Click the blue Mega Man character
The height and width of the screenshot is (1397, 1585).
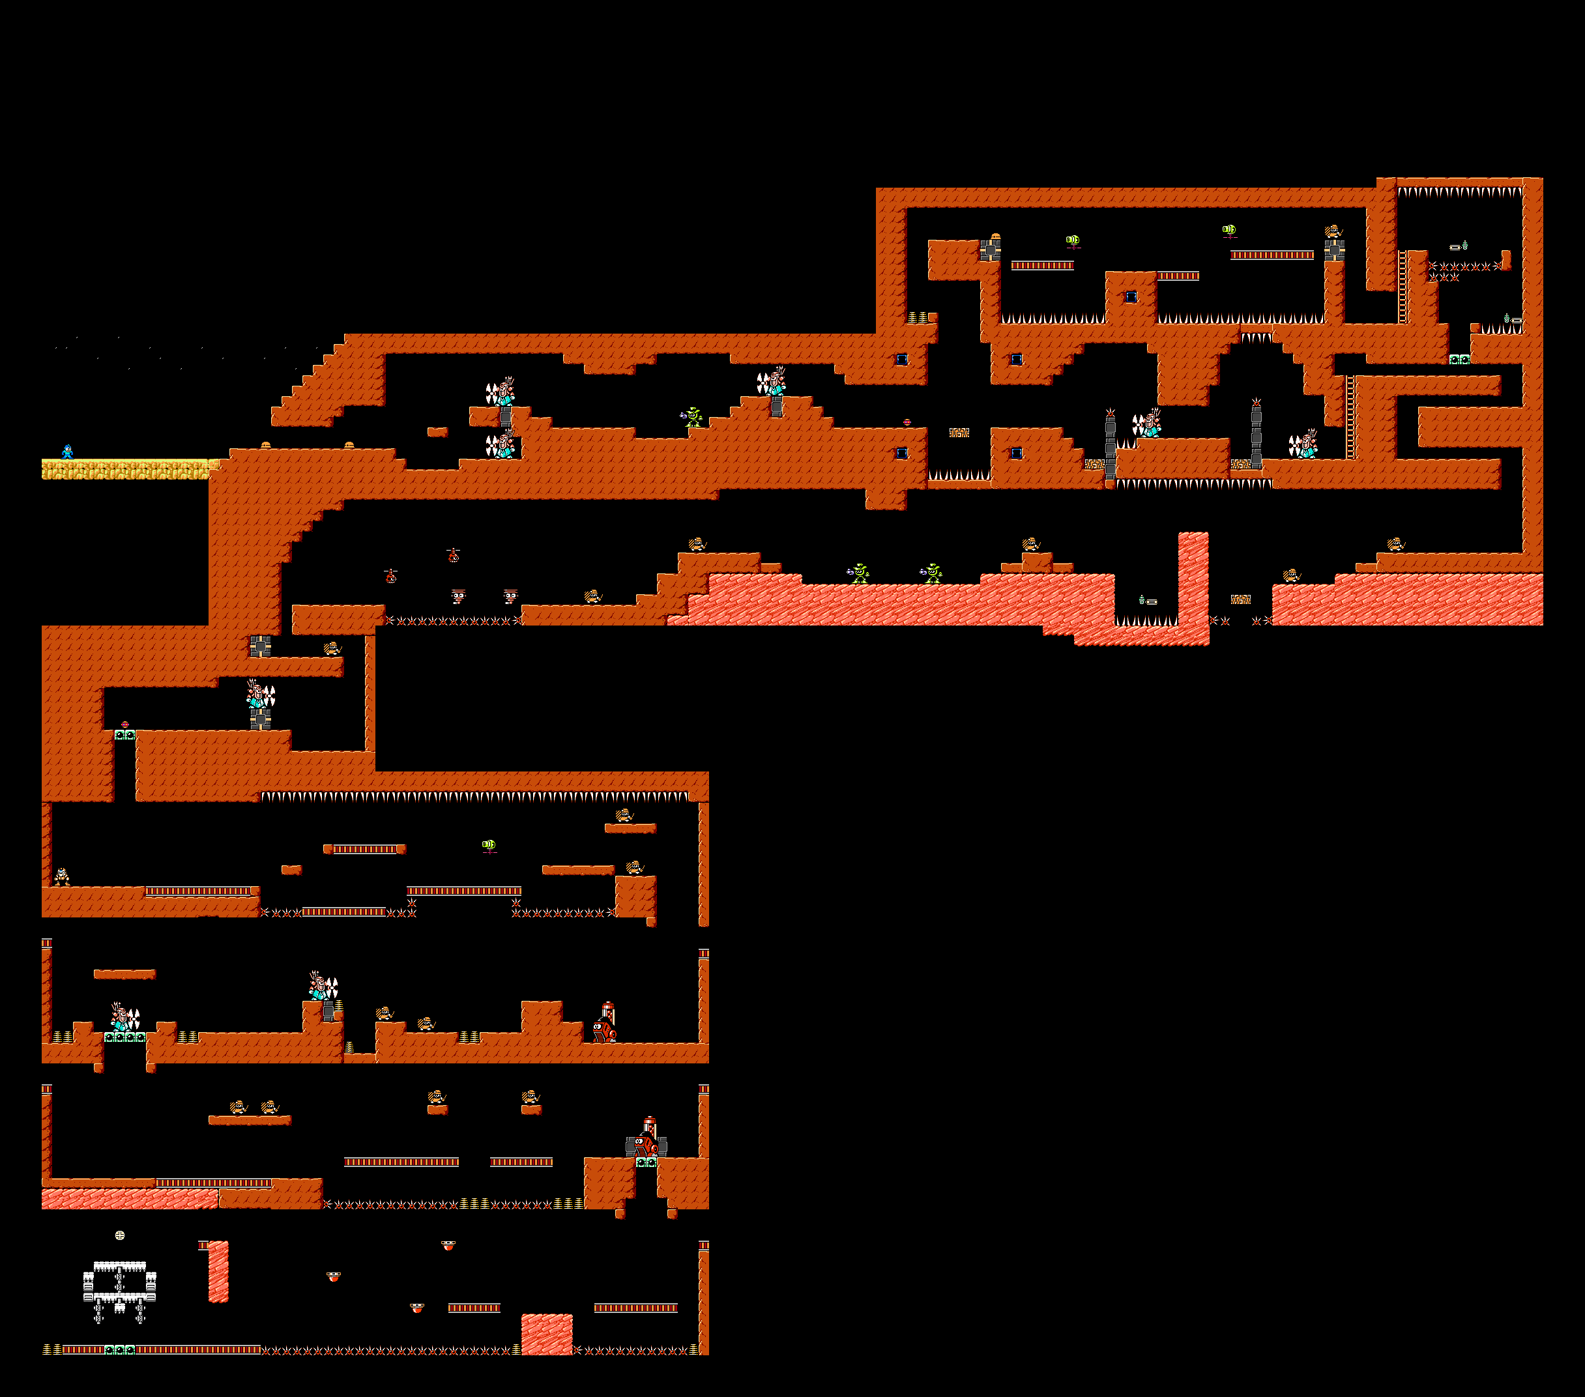(x=68, y=451)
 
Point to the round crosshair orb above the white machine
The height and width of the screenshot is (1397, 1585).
(x=120, y=1235)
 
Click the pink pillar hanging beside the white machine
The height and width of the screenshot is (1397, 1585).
(x=219, y=1271)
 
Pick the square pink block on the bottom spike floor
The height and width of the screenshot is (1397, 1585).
(x=547, y=1333)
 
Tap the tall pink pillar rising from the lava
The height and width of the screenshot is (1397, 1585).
(x=1193, y=577)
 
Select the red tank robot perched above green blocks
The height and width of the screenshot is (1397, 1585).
(x=646, y=1143)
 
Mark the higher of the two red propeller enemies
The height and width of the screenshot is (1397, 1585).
(x=454, y=555)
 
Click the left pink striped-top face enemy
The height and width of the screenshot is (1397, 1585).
(x=458, y=596)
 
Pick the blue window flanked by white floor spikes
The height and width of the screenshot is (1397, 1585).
(x=1131, y=297)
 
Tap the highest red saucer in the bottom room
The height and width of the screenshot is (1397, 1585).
(x=448, y=1245)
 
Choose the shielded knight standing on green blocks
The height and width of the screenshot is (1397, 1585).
(x=124, y=1017)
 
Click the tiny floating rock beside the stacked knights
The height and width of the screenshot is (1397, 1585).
(x=437, y=432)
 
